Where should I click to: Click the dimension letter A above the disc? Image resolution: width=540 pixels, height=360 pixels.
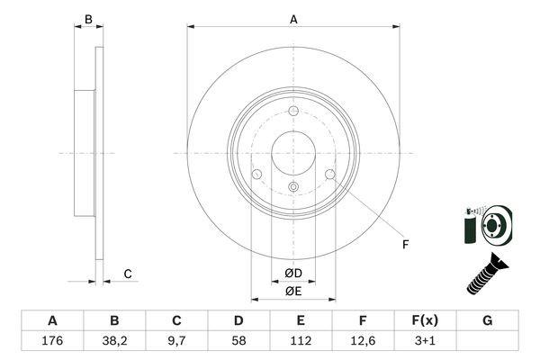(293, 18)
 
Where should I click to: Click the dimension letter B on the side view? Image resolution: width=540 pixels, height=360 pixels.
(87, 19)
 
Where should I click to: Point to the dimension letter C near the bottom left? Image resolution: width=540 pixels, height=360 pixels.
(128, 274)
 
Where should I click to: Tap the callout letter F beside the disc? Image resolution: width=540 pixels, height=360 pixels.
(405, 245)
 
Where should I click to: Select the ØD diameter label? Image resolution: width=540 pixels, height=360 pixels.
(292, 273)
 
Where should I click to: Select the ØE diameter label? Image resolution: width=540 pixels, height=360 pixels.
(292, 290)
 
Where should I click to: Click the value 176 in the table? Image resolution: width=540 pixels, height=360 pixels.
(52, 341)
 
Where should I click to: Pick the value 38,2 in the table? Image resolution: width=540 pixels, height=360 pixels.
(114, 341)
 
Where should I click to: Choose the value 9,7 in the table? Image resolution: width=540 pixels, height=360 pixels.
(176, 341)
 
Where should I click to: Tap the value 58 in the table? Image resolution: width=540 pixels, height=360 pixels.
(238, 341)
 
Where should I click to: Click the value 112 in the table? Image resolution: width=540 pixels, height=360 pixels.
(301, 341)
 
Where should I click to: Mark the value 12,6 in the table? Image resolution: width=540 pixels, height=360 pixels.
(363, 341)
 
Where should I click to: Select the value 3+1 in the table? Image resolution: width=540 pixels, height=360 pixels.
(425, 341)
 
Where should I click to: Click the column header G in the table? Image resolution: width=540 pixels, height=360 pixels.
(487, 320)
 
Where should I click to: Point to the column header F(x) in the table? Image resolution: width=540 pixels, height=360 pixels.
(425, 320)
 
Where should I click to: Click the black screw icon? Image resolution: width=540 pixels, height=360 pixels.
(486, 274)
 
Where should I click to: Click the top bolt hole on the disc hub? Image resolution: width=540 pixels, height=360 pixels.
(293, 112)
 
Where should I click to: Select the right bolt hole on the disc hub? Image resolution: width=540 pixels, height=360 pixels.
(329, 174)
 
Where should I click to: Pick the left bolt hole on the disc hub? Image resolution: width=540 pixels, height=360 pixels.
(256, 174)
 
